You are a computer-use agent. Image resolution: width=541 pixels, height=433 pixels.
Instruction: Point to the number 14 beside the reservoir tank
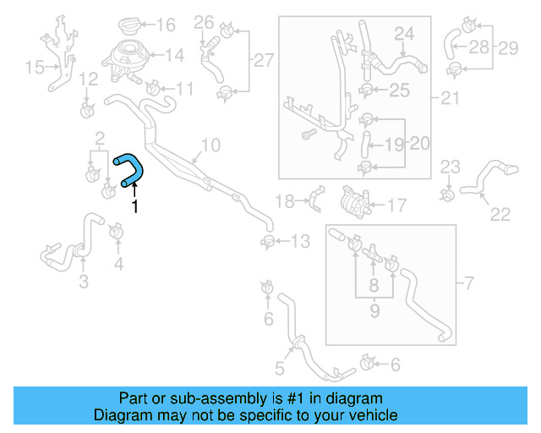(x=173, y=56)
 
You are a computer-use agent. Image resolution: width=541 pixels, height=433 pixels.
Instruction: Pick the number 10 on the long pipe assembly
(x=210, y=145)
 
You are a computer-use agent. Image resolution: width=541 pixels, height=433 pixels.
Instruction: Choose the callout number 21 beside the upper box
(x=450, y=98)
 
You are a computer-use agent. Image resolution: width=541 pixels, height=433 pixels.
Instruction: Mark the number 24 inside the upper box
(x=404, y=34)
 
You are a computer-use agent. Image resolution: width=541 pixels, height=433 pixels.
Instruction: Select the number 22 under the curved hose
(x=500, y=215)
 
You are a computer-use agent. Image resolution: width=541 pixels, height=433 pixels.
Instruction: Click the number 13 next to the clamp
(x=301, y=242)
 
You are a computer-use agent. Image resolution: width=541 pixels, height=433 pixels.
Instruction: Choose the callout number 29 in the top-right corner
(x=507, y=48)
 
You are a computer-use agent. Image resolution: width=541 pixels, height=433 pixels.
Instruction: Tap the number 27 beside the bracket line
(x=264, y=60)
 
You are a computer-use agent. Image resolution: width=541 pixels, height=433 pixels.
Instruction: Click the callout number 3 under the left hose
(x=83, y=282)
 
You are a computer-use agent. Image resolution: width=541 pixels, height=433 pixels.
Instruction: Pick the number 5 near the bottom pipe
(x=279, y=369)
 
